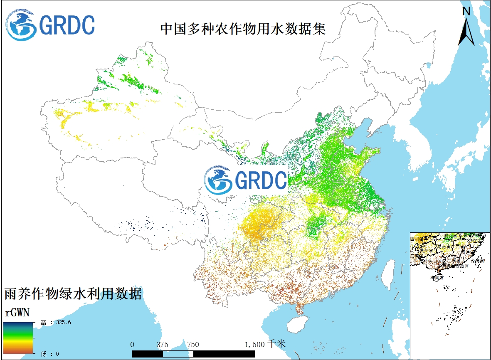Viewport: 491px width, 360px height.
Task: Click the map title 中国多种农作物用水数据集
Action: (243, 29)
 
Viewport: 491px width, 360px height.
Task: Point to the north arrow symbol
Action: (466, 31)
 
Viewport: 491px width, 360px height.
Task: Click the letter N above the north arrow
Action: (466, 12)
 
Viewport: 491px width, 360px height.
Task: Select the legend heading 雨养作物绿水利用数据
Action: (73, 294)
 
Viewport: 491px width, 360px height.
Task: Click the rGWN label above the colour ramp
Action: (17, 312)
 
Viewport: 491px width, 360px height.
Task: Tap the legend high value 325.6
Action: (61, 322)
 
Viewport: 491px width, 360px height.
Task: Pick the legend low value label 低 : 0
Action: (49, 354)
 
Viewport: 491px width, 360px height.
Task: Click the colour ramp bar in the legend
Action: (19, 337)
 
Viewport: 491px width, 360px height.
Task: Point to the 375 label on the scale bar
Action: (163, 344)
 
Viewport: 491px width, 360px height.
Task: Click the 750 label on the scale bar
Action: (193, 344)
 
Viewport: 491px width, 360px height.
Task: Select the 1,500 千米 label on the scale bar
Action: (265, 344)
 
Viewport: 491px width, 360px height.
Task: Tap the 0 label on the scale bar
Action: (132, 344)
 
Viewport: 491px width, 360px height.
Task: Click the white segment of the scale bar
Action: (178, 353)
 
